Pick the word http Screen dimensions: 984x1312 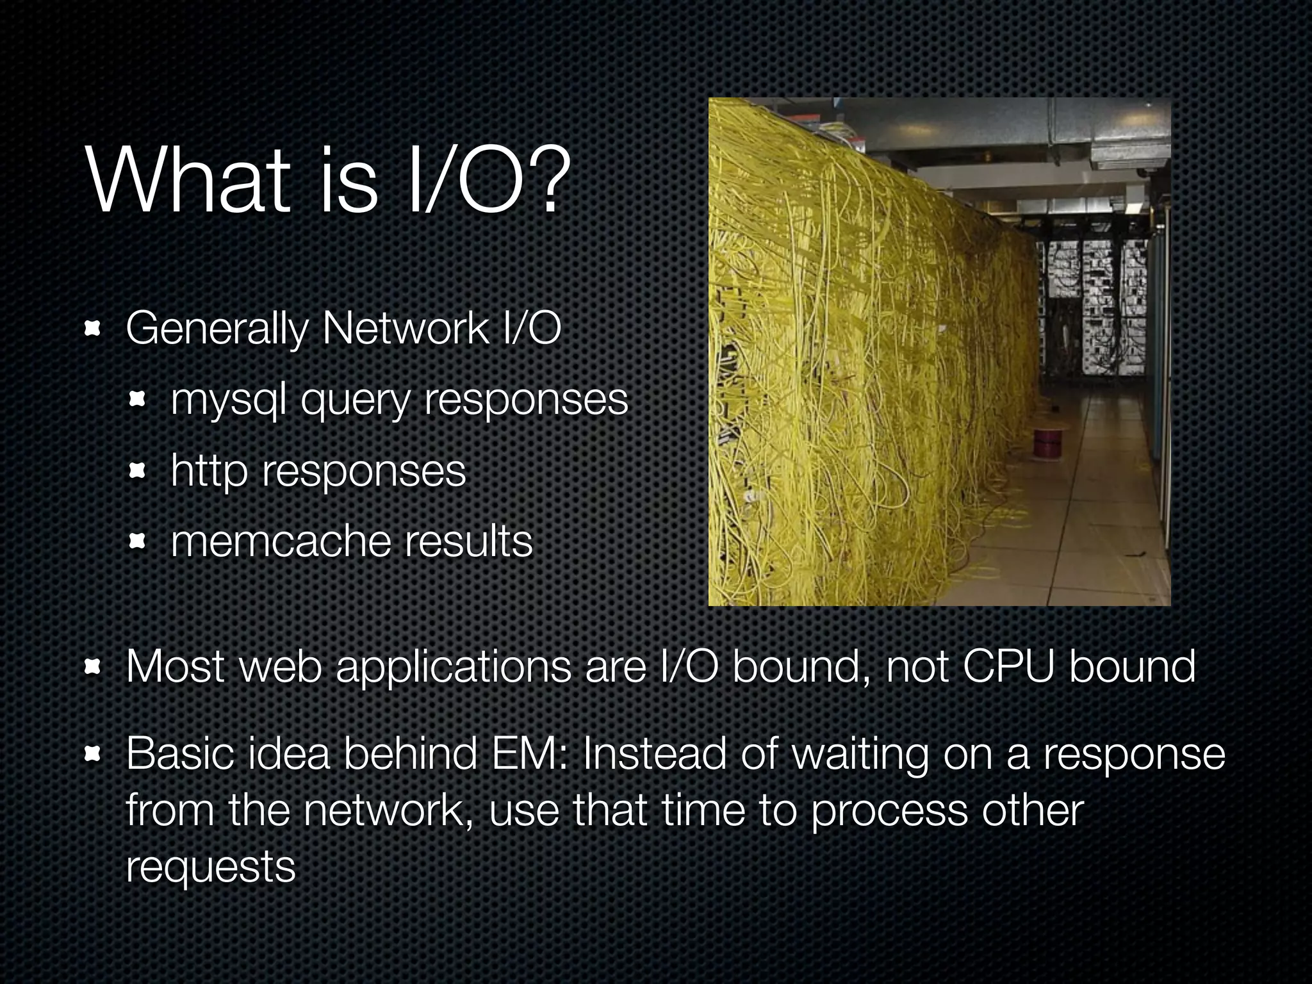[209, 471]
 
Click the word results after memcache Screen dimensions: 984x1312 [468, 541]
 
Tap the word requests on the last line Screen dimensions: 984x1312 [210, 867]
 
